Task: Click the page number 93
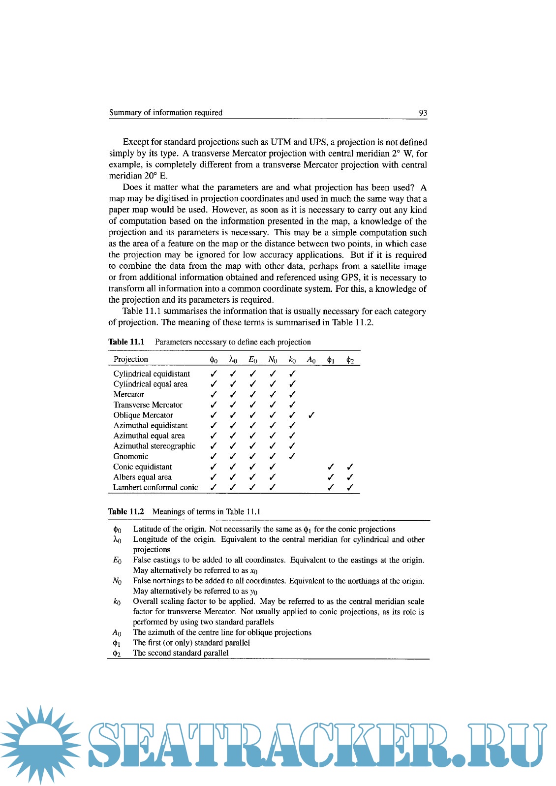[423, 113]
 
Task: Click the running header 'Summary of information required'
[166, 113]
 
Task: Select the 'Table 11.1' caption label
[126, 342]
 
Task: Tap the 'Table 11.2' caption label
[126, 512]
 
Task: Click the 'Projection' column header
[130, 359]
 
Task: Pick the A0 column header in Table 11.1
[311, 360]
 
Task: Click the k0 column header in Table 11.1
[292, 360]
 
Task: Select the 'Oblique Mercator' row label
[143, 415]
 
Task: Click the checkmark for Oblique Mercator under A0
[311, 415]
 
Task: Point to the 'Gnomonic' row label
[131, 457]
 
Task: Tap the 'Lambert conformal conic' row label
[155, 488]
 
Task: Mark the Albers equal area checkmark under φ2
[350, 477]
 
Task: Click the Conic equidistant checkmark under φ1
[331, 467]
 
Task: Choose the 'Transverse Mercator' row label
[148, 405]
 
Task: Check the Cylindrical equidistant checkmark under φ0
[214, 374]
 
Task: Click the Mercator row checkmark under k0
[292, 395]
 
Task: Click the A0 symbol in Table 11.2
[117, 633]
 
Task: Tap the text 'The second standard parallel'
[181, 653]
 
